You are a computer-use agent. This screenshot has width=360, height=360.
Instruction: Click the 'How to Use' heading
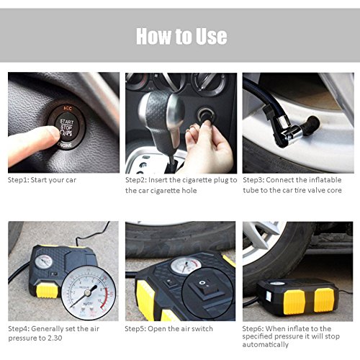tap(181, 36)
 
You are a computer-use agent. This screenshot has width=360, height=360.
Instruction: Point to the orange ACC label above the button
tap(68, 108)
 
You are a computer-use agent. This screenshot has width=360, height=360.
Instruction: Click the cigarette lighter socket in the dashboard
tap(205, 114)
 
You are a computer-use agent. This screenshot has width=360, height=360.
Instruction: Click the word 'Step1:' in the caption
tap(19, 180)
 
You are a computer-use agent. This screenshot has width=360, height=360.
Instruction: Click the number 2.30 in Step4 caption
tap(55, 338)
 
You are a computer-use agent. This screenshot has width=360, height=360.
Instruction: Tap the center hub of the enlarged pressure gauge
tap(88, 292)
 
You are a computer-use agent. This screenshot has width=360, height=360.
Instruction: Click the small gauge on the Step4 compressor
tap(44, 261)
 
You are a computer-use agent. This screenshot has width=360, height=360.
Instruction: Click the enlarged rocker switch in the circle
tap(206, 289)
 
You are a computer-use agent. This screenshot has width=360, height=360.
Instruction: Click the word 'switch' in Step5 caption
tap(204, 329)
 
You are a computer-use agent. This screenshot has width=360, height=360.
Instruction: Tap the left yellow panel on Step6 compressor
tap(294, 302)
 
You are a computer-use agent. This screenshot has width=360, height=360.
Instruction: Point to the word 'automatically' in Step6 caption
tap(266, 345)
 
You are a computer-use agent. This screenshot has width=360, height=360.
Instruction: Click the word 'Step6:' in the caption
tap(253, 328)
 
